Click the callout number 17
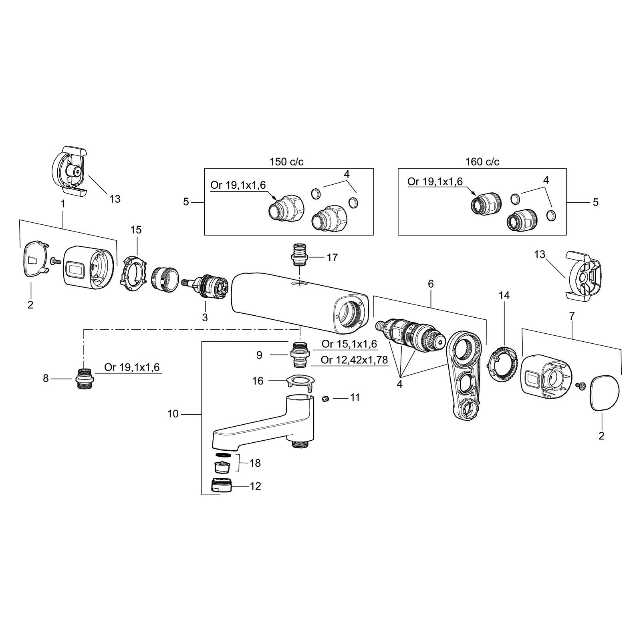(332, 257)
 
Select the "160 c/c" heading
(482, 162)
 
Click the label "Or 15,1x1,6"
(349, 344)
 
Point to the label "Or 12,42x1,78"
(354, 360)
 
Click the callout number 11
(355, 398)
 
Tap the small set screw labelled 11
(326, 399)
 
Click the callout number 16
(258, 381)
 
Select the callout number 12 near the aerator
(255, 486)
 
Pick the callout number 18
(255, 463)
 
